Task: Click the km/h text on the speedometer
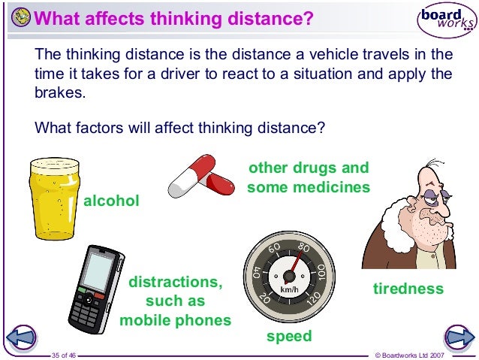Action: [x=290, y=290]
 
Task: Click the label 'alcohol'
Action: [x=111, y=201]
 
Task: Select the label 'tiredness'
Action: [x=408, y=289]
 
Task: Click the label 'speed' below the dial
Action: [x=289, y=337]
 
